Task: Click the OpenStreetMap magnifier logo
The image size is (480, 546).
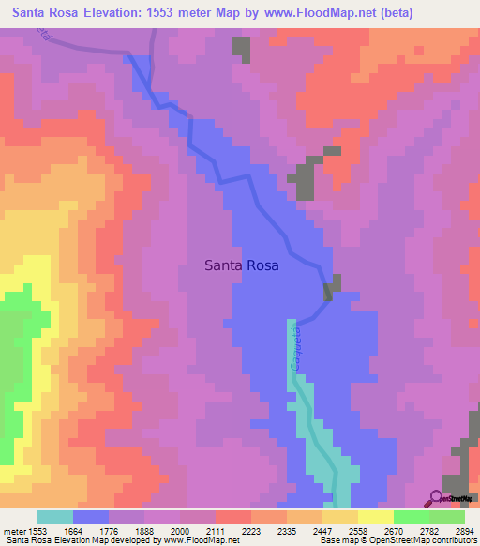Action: (x=437, y=498)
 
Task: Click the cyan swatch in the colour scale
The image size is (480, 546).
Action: (x=55, y=517)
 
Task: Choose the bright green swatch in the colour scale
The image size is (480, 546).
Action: (x=411, y=517)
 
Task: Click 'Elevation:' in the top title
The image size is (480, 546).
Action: (x=114, y=14)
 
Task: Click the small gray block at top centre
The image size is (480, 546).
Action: (x=242, y=48)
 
